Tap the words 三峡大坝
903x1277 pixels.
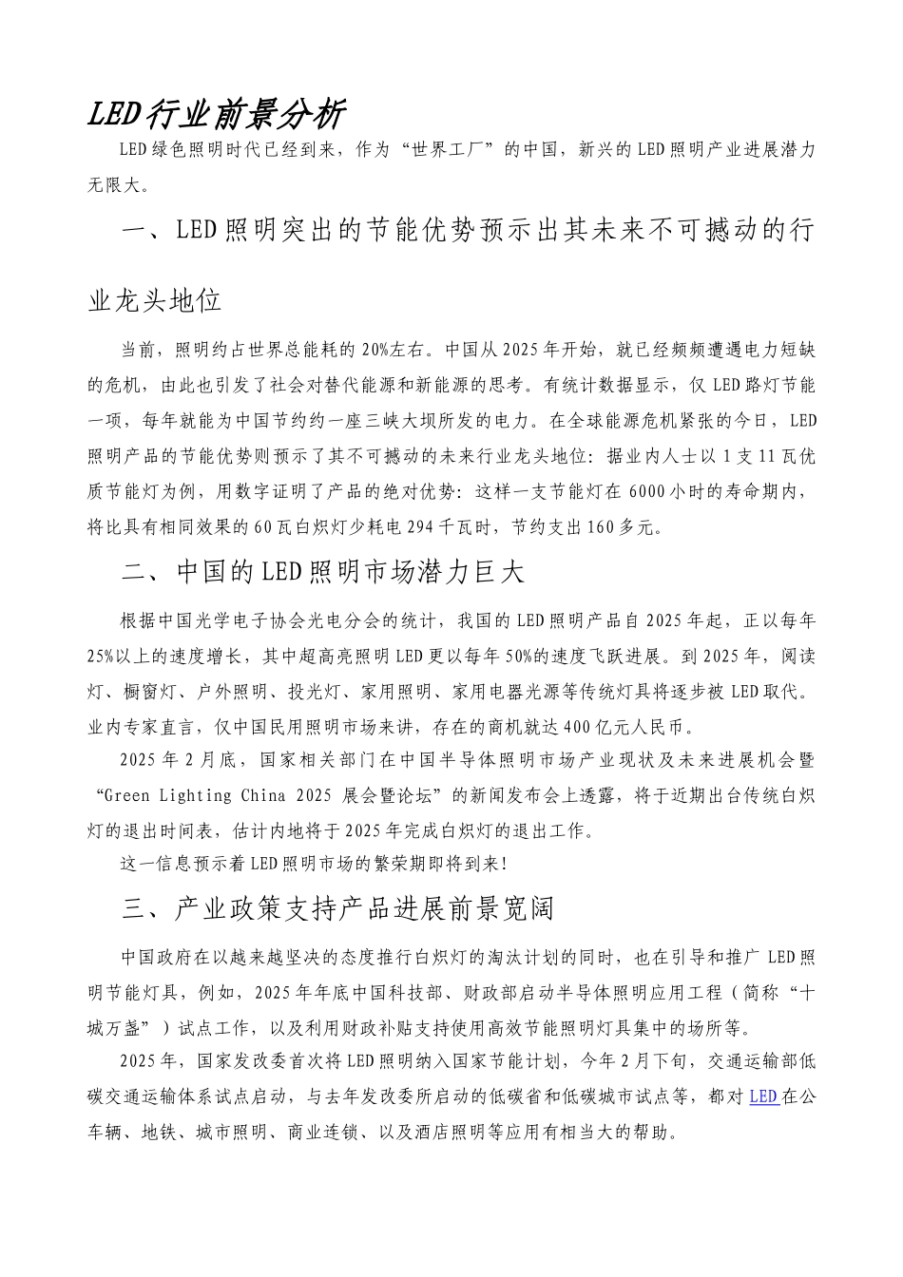456,419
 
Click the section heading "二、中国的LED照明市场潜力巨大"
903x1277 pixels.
323,573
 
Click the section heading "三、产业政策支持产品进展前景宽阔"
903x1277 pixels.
338,909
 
